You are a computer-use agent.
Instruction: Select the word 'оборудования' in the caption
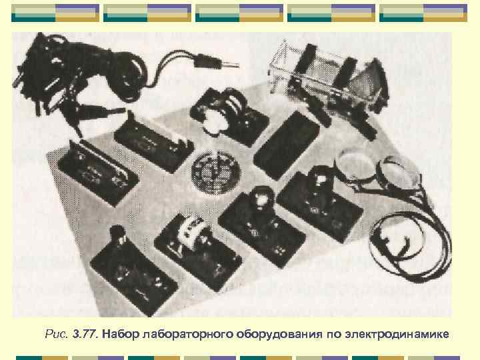pyautogui.click(x=277, y=333)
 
